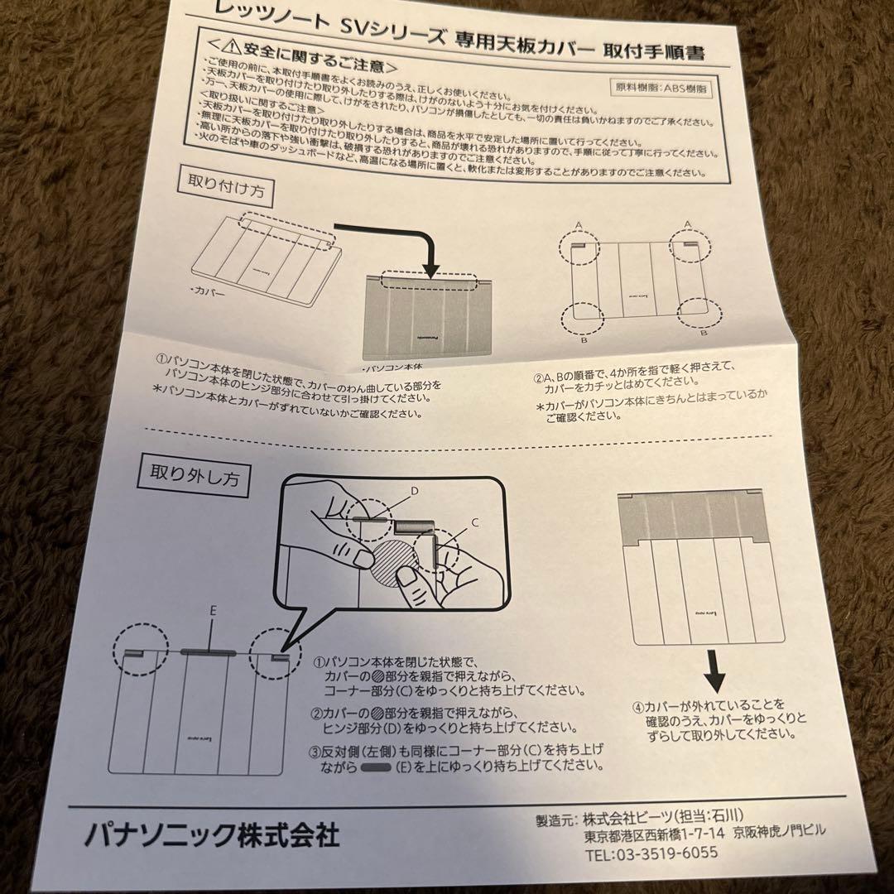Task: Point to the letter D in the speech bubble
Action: pyautogui.click(x=415, y=492)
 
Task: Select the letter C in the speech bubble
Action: pyautogui.click(x=475, y=523)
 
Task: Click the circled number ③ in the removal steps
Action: pyautogui.click(x=315, y=750)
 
